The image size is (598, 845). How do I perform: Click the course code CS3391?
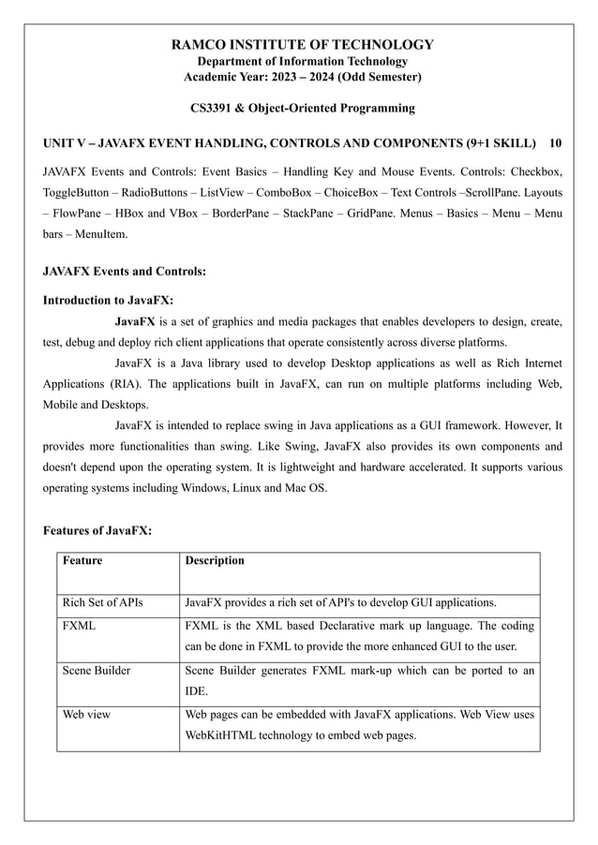pos(213,109)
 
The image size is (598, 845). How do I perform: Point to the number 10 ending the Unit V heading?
pos(556,143)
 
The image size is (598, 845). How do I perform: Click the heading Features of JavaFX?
pos(97,531)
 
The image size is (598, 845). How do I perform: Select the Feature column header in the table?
pos(82,561)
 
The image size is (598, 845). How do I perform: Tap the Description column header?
pos(215,561)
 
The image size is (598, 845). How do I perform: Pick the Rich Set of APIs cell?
pos(102,602)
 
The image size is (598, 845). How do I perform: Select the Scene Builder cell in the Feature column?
pos(96,671)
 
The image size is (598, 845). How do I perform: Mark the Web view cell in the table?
pos(85,715)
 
